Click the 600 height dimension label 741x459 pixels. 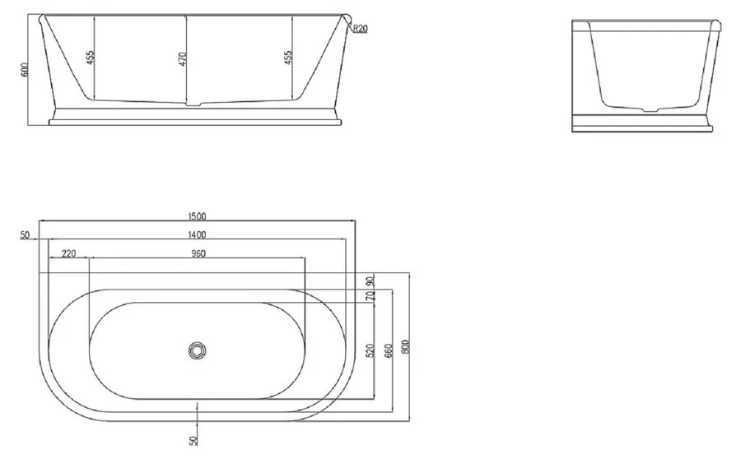[x=26, y=69]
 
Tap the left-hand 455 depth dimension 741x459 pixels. [x=90, y=59]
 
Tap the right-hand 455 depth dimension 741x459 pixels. [x=287, y=59]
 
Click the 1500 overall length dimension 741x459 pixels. [x=197, y=216]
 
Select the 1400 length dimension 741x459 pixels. [x=197, y=235]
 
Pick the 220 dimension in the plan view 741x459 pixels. [x=68, y=253]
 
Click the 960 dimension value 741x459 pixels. [x=197, y=253]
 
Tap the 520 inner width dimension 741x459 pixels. [x=370, y=350]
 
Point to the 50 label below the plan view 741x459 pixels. [x=193, y=441]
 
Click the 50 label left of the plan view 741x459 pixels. [x=25, y=235]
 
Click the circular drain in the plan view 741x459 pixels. [x=197, y=350]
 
